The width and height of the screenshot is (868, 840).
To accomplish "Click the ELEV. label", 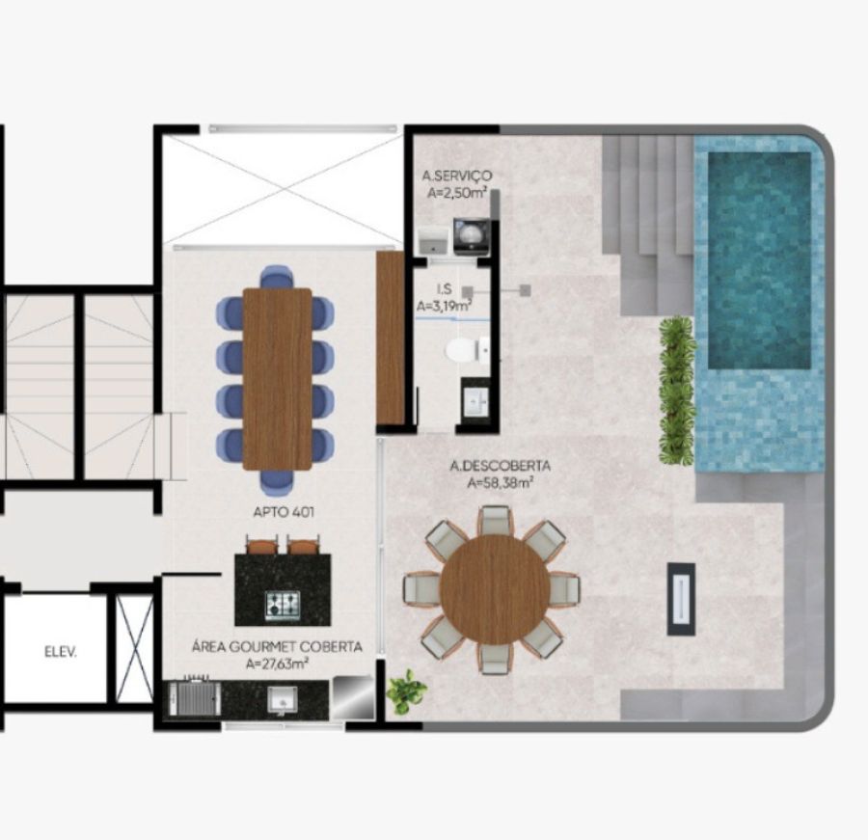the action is pos(61,652).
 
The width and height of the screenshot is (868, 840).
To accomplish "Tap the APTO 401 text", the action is pos(284,512).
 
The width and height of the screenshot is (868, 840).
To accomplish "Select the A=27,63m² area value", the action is pos(277,664).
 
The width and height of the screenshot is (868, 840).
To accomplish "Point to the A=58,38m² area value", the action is pos(500,483).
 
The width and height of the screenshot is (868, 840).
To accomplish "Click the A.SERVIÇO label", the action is pos(457,176).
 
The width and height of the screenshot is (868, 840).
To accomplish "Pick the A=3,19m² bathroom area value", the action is pos(445,305).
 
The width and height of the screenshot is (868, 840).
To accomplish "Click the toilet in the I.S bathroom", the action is pos(467,350).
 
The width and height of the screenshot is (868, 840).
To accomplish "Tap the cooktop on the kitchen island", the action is pos(283,605).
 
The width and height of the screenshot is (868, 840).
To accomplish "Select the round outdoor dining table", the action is pos(495,589).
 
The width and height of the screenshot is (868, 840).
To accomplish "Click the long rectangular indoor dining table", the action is pos(278,379).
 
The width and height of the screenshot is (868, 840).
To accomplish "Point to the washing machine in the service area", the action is pos(471,236).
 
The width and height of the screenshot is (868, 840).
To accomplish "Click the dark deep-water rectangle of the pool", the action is pos(760,260).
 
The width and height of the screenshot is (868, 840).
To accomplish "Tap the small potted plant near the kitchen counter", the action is pos(407,691).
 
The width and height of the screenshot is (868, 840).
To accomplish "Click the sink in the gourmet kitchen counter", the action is pos(283,699).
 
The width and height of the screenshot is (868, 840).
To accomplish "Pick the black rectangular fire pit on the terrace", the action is pos(681,599).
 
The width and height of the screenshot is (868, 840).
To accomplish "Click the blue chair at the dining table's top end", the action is pos(277,277).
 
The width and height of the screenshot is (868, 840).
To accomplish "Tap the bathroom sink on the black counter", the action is pos(475,398).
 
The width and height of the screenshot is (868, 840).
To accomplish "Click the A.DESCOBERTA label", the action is pos(500,466).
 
